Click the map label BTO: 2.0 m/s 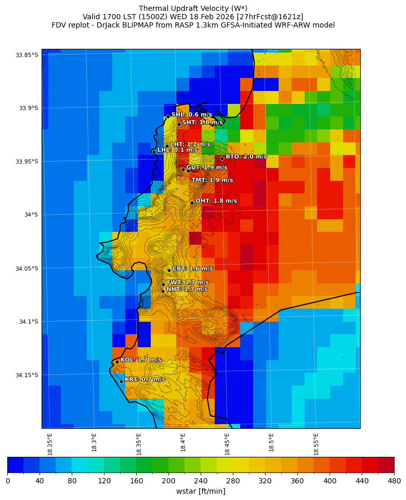(246, 156)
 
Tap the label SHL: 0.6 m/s (191, 114)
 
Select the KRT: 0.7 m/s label (145, 379)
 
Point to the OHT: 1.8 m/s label (216, 201)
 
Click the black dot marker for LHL (154, 152)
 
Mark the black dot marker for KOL (117, 362)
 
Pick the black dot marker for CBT (169, 270)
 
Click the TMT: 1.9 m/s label (212, 180)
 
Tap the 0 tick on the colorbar (8, 481)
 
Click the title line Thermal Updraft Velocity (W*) (193, 8)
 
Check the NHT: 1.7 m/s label (187, 289)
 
